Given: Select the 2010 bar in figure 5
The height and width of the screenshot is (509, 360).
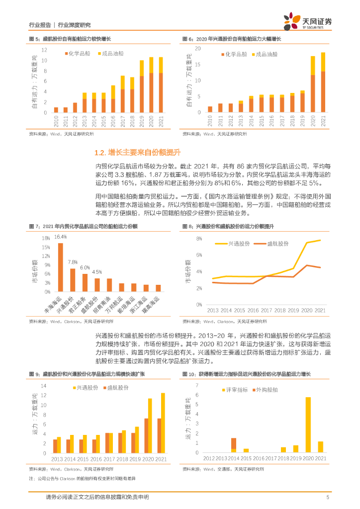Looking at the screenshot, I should click(x=56, y=110).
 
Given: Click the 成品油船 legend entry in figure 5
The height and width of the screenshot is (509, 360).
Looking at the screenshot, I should click(x=110, y=53).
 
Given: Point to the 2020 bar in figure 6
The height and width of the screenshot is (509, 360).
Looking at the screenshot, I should click(x=313, y=84).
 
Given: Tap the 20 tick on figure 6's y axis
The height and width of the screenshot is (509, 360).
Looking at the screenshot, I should click(x=197, y=49).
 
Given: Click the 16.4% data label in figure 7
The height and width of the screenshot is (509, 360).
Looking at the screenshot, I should click(x=61, y=237).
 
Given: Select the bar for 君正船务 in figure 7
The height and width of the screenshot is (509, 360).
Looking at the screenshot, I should click(x=85, y=283).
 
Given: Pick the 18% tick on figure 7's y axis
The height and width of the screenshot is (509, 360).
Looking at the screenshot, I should click(x=46, y=238).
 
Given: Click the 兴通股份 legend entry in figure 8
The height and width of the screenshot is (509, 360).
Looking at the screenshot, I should click(x=234, y=244).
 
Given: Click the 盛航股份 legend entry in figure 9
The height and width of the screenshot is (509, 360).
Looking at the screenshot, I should click(x=114, y=388).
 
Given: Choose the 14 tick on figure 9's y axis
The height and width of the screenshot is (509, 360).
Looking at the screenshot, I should click(x=44, y=386).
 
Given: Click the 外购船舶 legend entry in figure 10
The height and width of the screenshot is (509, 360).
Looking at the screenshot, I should click(x=269, y=389).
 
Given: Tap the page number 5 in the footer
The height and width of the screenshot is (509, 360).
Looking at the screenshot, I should click(x=328, y=497).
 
